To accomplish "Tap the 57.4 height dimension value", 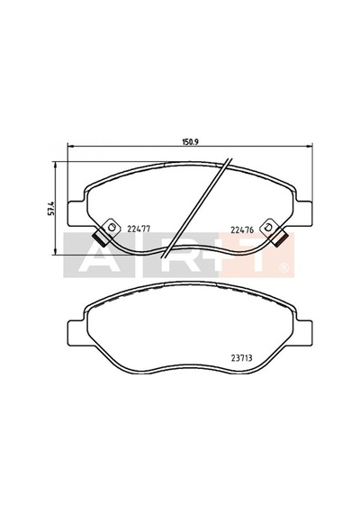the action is (51, 208).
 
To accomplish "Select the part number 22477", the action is (139, 229).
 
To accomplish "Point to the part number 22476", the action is (242, 229).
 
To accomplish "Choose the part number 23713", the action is (241, 358).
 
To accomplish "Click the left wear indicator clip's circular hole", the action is (112, 227).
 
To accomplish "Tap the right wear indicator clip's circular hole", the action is (269, 227).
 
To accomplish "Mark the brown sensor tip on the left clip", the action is (100, 238).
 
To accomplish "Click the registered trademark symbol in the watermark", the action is (283, 268).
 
